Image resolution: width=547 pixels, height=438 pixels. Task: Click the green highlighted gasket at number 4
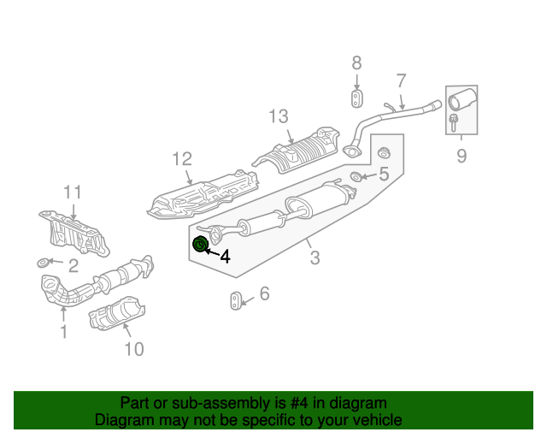pos(200,244)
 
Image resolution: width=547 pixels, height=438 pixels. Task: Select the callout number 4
pos(226,257)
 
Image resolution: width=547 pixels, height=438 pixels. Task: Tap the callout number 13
pos(279,116)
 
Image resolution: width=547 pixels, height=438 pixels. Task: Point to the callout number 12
pos(182,158)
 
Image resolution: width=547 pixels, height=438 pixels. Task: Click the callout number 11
pos(73,192)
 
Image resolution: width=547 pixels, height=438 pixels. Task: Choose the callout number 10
pos(134,349)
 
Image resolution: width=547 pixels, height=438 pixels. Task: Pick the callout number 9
pos(462,156)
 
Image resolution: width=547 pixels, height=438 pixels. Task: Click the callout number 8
pos(356,63)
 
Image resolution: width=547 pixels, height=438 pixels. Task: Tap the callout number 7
pos(402,80)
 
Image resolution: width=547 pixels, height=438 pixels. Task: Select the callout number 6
pos(264,293)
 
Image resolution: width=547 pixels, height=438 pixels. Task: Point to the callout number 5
pos(384,174)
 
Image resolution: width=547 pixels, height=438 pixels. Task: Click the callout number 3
pos(315,257)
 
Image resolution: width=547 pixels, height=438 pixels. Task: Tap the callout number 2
pos(74,266)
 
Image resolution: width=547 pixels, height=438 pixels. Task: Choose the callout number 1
pos(64,331)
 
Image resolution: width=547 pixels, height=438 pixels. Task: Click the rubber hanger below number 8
pos(356,99)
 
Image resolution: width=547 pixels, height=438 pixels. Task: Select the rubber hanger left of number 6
pos(236,301)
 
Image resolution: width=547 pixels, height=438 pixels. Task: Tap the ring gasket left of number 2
pos(44,263)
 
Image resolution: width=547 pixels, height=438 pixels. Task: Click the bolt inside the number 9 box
pos(453,123)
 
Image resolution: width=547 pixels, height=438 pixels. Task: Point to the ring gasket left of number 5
pos(356,176)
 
